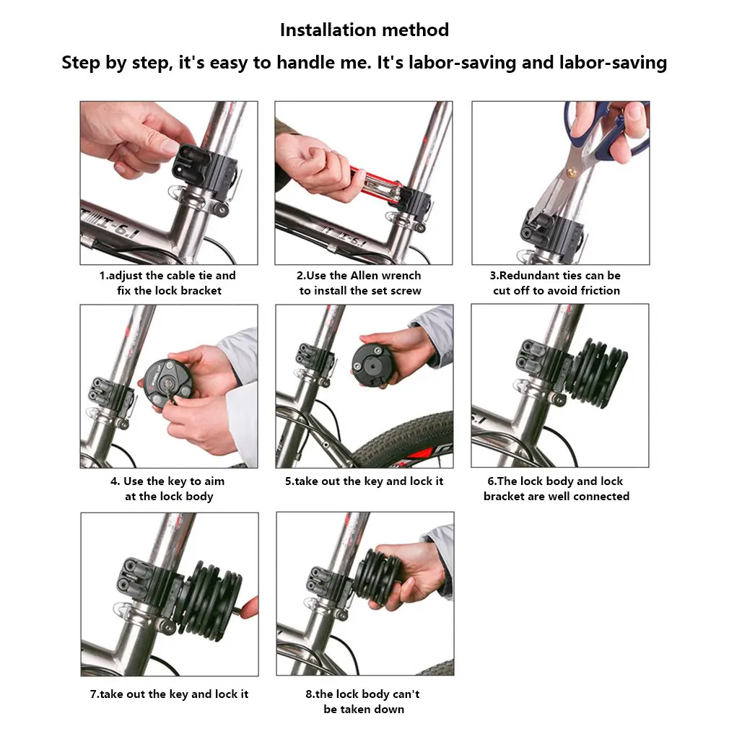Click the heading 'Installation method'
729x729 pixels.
tap(364, 30)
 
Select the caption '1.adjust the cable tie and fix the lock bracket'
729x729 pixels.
tap(168, 283)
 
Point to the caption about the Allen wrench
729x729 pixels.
tap(360, 283)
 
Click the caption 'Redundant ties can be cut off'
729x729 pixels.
tap(556, 283)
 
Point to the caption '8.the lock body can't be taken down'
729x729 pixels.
tap(363, 702)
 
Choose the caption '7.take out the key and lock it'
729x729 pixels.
tap(169, 694)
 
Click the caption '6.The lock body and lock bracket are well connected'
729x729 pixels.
tap(556, 489)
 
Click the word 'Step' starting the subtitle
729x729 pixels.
tap(82, 63)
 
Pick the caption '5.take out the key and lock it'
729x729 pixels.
tap(364, 481)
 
